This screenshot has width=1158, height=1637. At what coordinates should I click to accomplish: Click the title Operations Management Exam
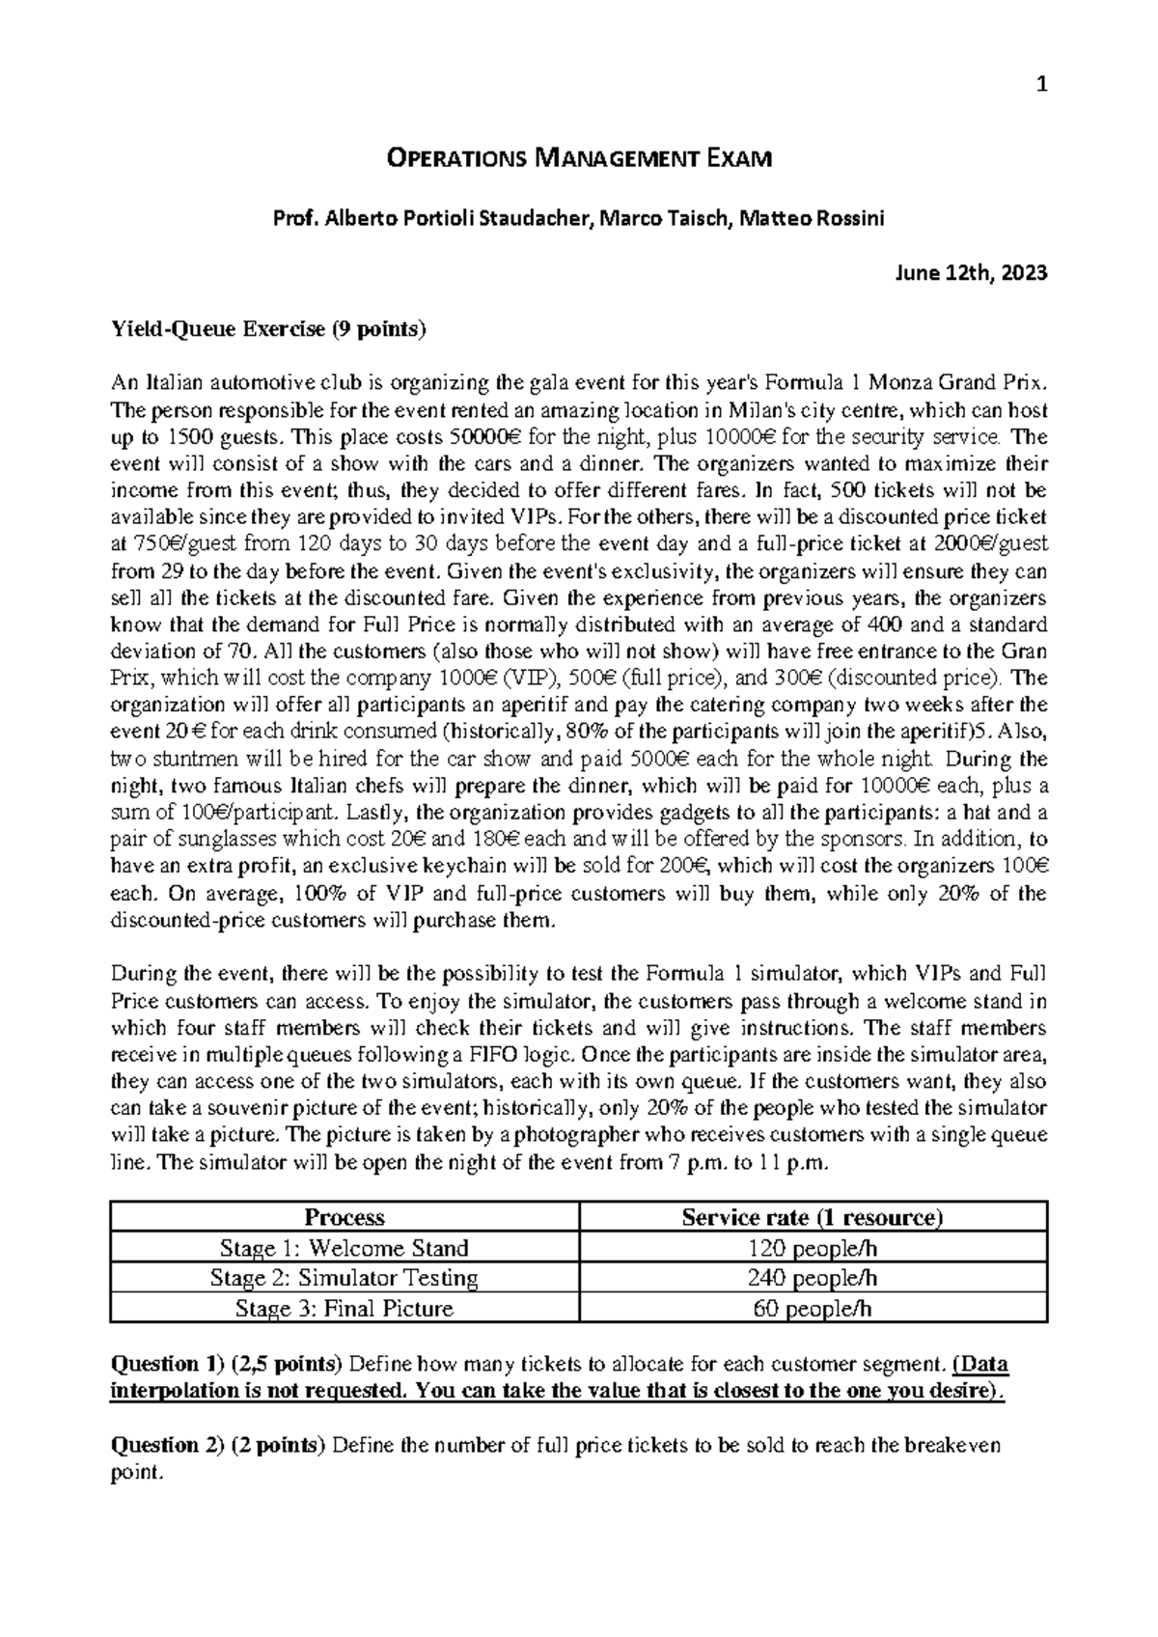point(579,158)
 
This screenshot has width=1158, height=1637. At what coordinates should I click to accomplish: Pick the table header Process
point(345,1217)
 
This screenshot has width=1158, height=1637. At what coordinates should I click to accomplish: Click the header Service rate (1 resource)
point(813,1217)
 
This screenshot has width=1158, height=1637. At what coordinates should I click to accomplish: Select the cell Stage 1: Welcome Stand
point(345,1248)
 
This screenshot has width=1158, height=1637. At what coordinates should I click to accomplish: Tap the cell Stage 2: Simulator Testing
point(345,1278)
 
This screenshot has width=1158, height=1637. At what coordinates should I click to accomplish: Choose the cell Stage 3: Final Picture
point(345,1309)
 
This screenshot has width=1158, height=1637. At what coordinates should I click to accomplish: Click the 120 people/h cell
point(813,1248)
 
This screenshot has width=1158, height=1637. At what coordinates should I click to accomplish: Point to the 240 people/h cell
point(813,1278)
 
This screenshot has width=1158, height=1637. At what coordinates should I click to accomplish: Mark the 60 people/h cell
point(813,1309)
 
